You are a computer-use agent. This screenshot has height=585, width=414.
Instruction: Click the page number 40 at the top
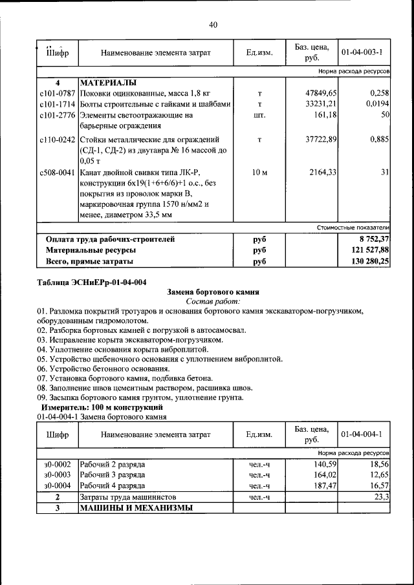tap(213, 25)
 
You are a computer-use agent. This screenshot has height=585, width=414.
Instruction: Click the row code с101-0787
tap(57, 93)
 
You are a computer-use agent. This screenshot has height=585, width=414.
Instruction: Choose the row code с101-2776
tap(57, 115)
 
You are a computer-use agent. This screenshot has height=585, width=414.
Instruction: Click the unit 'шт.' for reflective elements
tap(259, 115)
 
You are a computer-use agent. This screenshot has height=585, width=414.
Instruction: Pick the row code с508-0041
tap(57, 172)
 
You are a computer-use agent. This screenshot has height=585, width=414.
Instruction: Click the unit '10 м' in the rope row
tap(259, 172)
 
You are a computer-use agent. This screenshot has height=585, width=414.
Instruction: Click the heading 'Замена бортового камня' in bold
tap(213, 292)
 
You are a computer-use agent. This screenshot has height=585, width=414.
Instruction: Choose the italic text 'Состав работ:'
tap(213, 302)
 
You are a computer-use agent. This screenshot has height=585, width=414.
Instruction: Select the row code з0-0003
tap(57, 474)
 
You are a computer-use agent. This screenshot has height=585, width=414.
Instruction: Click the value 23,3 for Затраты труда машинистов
tap(381, 496)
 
